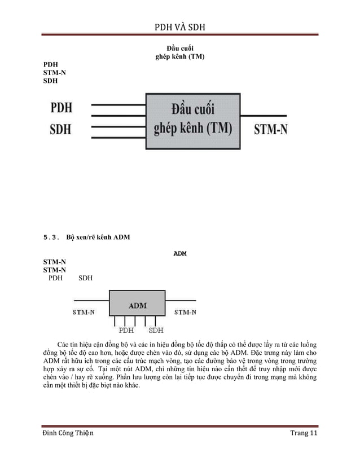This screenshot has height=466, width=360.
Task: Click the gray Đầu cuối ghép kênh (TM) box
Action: [x=192, y=121]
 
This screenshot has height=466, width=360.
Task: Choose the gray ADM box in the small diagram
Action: [x=137, y=305]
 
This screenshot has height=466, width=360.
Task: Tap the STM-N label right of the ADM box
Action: [x=185, y=311]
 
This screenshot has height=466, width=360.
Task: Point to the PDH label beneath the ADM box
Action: [x=126, y=330]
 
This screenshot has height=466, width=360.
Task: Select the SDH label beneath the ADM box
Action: [x=156, y=330]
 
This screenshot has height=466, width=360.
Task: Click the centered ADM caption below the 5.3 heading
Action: [x=179, y=253]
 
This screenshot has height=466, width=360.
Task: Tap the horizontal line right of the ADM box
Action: [x=181, y=300]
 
